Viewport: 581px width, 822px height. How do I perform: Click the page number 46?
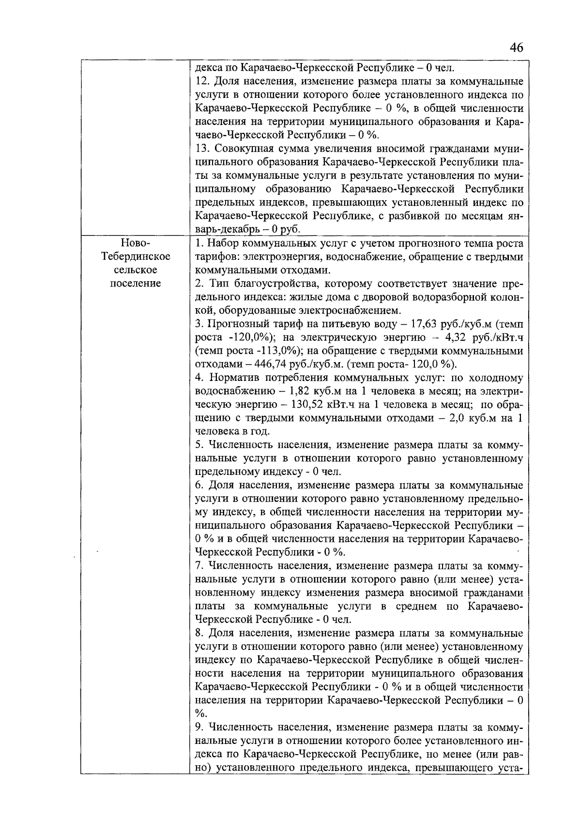click(x=516, y=47)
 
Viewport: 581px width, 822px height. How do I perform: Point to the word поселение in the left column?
click(x=136, y=283)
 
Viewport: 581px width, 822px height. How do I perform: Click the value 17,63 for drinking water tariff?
click(x=426, y=323)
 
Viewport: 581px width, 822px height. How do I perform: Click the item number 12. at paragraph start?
click(x=203, y=81)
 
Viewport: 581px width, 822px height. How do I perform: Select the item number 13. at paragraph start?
click(x=203, y=148)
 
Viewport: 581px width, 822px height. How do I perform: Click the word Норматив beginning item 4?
click(x=230, y=378)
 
